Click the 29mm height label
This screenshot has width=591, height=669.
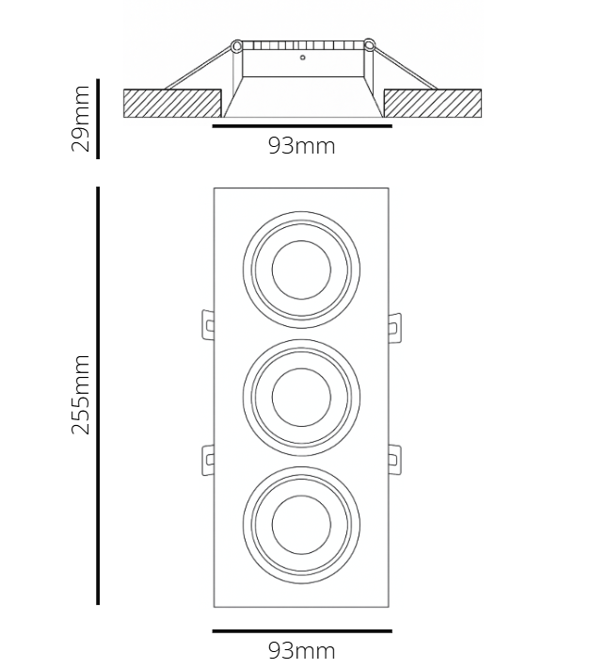(x=81, y=119)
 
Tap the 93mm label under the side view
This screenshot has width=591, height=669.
(x=301, y=146)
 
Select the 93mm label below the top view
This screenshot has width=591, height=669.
(x=301, y=650)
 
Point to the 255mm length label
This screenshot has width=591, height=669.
(x=81, y=395)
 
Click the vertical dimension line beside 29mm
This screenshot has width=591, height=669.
(x=98, y=120)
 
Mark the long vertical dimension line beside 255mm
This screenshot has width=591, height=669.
(x=98, y=396)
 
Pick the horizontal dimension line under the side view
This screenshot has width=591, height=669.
(x=301, y=124)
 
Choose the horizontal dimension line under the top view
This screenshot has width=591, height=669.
(x=301, y=630)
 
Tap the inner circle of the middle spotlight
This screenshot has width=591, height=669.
(x=301, y=396)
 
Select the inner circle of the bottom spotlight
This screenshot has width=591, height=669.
(x=301, y=521)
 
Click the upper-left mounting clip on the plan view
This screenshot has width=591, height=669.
(x=206, y=323)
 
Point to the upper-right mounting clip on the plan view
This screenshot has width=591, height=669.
(x=395, y=323)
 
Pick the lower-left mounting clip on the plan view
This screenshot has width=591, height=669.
(x=206, y=459)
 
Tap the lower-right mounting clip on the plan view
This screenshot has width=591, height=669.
(x=395, y=459)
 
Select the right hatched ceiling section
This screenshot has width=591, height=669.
(x=432, y=102)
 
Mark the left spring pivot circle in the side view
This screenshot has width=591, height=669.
(x=236, y=44)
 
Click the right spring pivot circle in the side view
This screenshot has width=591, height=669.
(x=369, y=44)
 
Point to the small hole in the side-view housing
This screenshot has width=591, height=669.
(x=303, y=58)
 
